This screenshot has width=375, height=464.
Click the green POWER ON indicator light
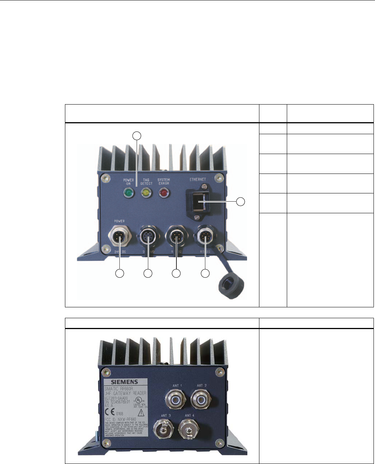pyautogui.click(x=129, y=193)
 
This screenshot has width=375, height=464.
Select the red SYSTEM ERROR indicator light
pyautogui.click(x=164, y=193)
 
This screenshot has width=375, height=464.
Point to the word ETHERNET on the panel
pyautogui.click(x=197, y=180)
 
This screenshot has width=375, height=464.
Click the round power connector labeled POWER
pyautogui.click(x=119, y=237)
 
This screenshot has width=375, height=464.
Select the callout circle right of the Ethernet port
pyautogui.click(x=241, y=202)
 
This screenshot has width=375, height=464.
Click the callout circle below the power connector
pyautogui.click(x=119, y=274)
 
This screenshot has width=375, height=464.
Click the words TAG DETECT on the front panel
pyautogui.click(x=146, y=182)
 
